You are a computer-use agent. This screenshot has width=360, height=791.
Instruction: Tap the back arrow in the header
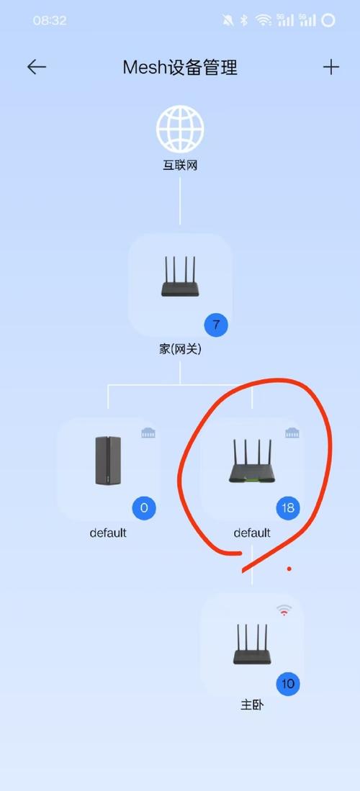(x=37, y=67)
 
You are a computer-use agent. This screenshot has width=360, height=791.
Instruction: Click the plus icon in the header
(x=330, y=67)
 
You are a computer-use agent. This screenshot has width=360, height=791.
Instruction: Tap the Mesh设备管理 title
(x=180, y=68)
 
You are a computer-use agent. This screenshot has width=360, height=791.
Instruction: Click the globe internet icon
(x=180, y=129)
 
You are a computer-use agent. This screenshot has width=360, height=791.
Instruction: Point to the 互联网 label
(x=180, y=166)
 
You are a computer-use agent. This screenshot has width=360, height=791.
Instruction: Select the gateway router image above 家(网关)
(x=180, y=280)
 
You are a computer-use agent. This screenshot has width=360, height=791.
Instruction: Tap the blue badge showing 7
(x=216, y=325)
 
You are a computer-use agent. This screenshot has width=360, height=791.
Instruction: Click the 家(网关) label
(x=180, y=350)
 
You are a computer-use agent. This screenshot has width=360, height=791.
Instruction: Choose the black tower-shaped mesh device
(x=108, y=461)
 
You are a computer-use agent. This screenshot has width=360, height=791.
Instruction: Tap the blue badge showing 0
(x=144, y=508)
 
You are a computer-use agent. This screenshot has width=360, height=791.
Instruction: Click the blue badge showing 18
(x=288, y=508)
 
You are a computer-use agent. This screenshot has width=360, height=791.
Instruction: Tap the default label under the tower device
(x=108, y=533)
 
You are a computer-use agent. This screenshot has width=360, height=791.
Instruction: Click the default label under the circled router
(x=252, y=533)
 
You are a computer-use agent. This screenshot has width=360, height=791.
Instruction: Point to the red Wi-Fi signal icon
(x=284, y=610)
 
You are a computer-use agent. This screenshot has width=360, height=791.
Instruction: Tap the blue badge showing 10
(x=288, y=684)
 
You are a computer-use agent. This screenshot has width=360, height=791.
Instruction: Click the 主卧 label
(x=252, y=705)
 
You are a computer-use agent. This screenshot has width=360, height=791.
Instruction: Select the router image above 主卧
(x=252, y=645)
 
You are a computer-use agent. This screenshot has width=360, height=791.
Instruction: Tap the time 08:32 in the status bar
(x=50, y=21)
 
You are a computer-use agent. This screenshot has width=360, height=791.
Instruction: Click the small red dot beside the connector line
(x=289, y=569)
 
